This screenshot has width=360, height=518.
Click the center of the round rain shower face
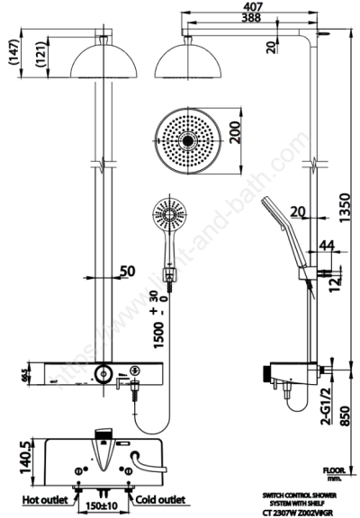pos(186,140)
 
